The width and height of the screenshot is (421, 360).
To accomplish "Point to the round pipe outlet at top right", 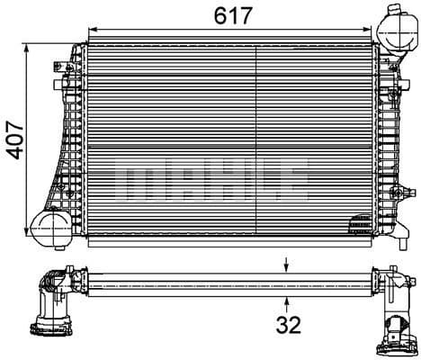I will click(396, 31).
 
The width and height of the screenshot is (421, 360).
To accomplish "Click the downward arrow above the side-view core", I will click(286, 265).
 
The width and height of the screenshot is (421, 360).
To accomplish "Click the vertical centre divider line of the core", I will click(257, 135).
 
